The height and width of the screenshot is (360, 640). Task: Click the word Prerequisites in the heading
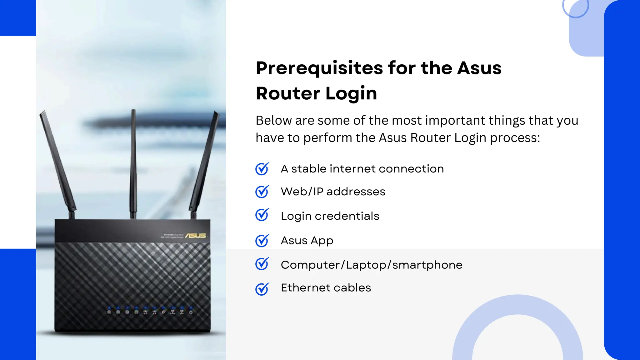tap(319, 68)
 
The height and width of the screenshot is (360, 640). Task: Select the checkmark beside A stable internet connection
tap(262, 169)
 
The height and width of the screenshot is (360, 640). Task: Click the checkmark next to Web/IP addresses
tap(262, 192)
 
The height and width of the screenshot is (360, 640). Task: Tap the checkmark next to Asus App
tap(262, 241)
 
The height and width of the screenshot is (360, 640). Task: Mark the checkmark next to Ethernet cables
tap(262, 289)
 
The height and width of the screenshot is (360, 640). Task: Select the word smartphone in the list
tap(427, 265)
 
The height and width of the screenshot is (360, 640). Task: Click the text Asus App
tap(307, 241)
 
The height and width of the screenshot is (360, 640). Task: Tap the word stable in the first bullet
tap(308, 169)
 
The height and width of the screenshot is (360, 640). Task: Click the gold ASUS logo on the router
tap(196, 235)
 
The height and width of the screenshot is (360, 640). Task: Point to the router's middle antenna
tap(133, 162)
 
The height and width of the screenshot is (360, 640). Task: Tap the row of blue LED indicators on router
tap(150, 311)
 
